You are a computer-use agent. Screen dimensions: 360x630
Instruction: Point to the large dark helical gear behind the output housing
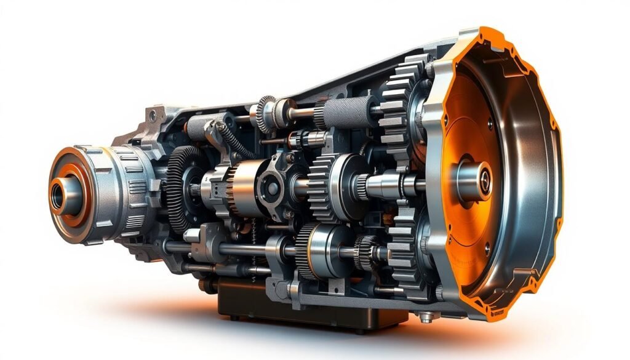coord(178,188)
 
